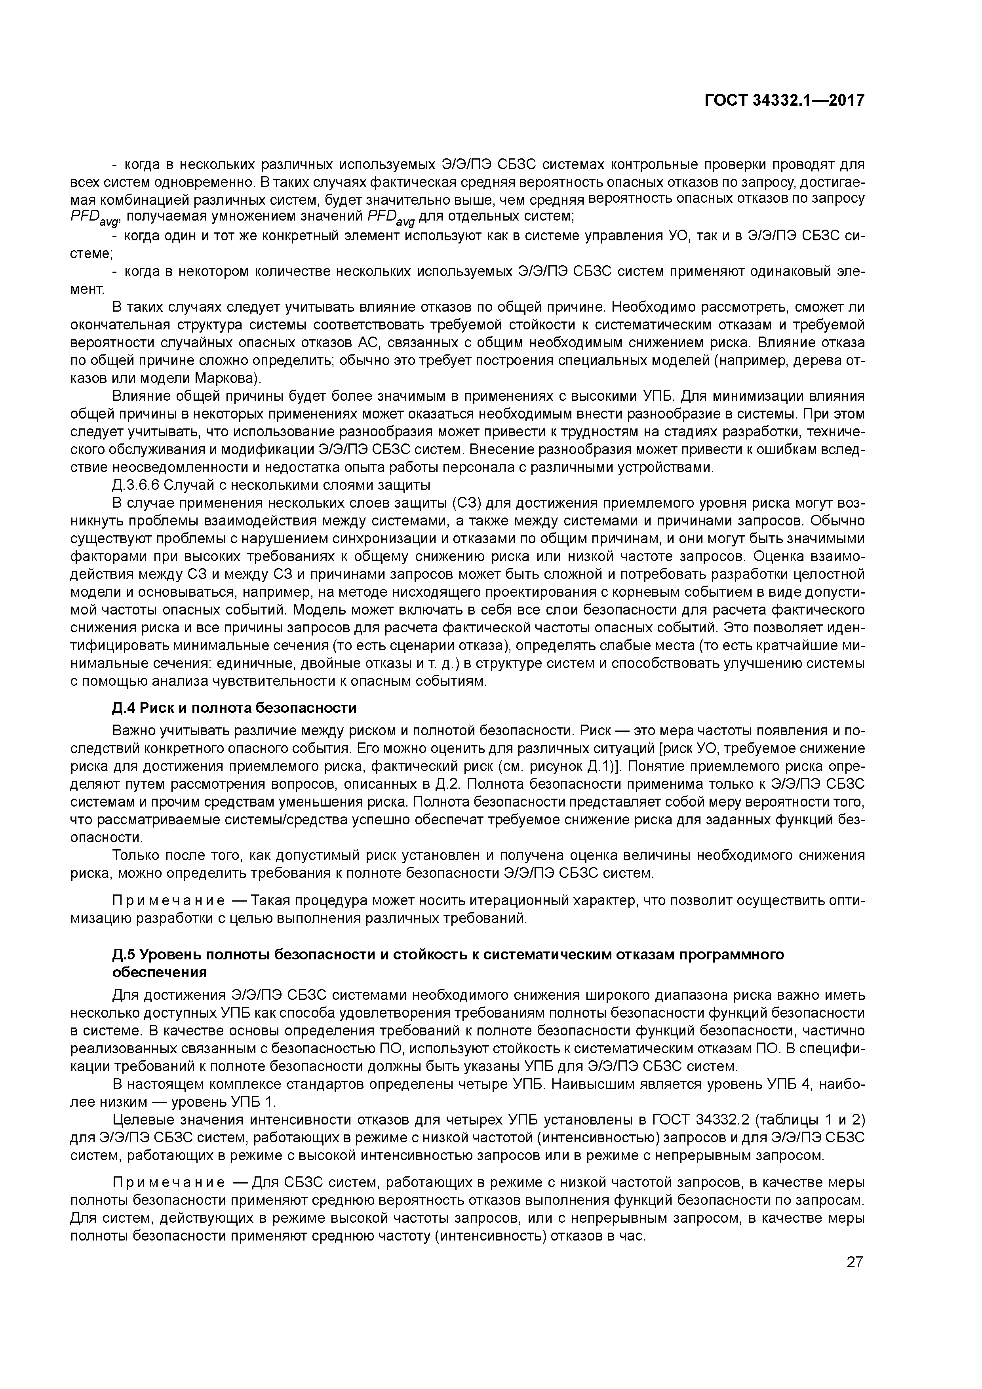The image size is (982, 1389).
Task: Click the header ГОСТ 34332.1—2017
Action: [x=785, y=101]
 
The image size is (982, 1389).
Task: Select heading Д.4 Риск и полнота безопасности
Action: [x=234, y=708]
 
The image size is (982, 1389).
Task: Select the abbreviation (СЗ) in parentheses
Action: [x=465, y=503]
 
